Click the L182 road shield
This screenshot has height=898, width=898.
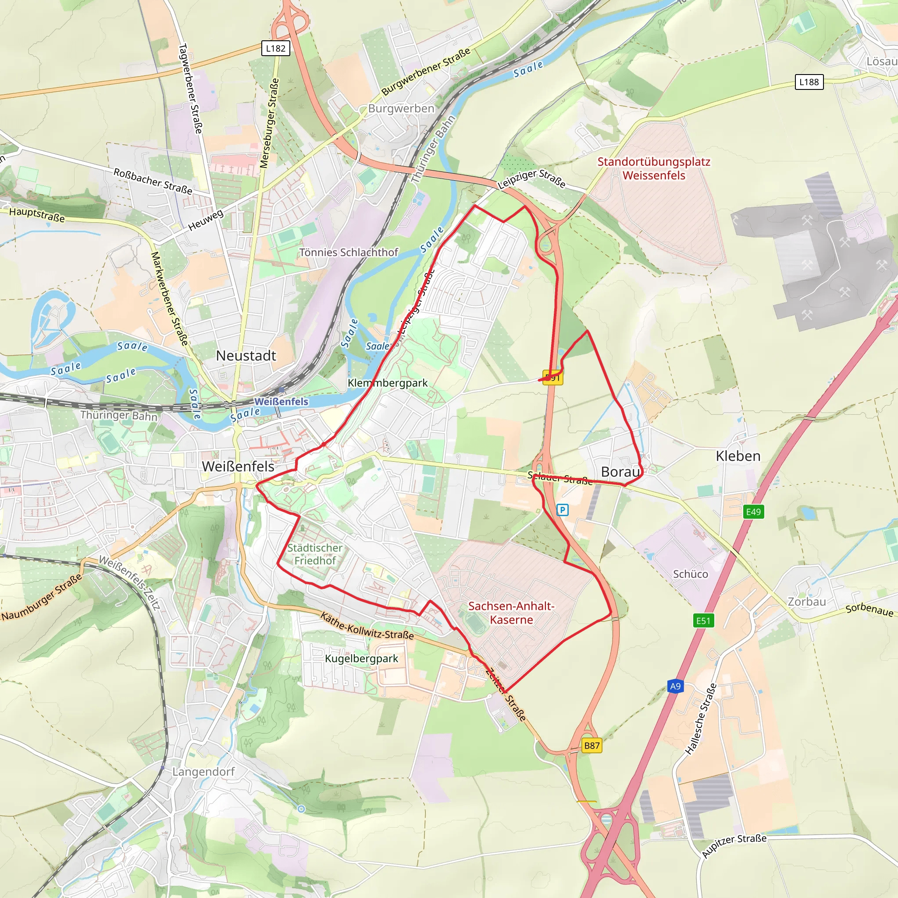pyautogui.click(x=276, y=48)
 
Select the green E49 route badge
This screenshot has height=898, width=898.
pyautogui.click(x=753, y=512)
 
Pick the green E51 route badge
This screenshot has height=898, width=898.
pyautogui.click(x=703, y=620)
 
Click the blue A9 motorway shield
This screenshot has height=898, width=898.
pyautogui.click(x=675, y=686)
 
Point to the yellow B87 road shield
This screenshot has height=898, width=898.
pyautogui.click(x=592, y=745)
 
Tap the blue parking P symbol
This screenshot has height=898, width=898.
pyautogui.click(x=563, y=510)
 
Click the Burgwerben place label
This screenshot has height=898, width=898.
pyautogui.click(x=401, y=108)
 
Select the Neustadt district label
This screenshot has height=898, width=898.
pyautogui.click(x=246, y=356)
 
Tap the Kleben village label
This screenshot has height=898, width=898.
pyautogui.click(x=738, y=456)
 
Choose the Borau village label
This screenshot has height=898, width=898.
pyautogui.click(x=620, y=472)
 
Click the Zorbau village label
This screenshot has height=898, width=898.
pyautogui.click(x=806, y=602)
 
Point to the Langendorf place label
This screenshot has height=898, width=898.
pyautogui.click(x=203, y=772)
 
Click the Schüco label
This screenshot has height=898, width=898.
pyautogui.click(x=690, y=574)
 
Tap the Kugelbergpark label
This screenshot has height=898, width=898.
pyautogui.click(x=361, y=659)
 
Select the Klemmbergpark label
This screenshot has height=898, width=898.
pyautogui.click(x=388, y=382)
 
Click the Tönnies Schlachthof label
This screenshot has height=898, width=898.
pyautogui.click(x=349, y=253)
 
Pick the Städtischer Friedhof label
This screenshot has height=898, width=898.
pyautogui.click(x=315, y=554)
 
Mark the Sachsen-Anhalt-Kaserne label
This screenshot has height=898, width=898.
pyautogui.click(x=511, y=613)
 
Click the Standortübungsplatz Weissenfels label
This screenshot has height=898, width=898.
pyautogui.click(x=653, y=169)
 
